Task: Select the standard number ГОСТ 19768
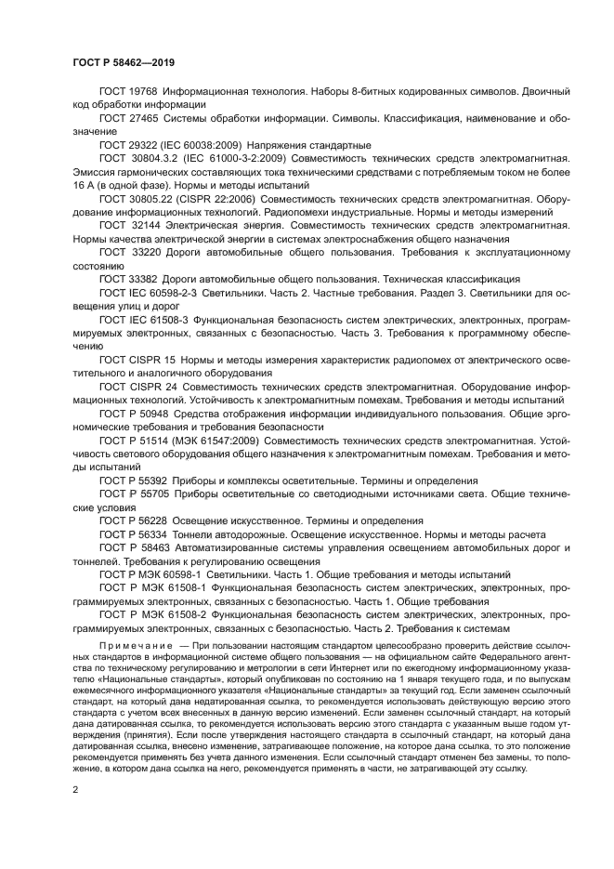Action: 127,93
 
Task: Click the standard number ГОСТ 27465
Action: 127,120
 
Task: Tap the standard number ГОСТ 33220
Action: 127,252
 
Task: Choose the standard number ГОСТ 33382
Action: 127,279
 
